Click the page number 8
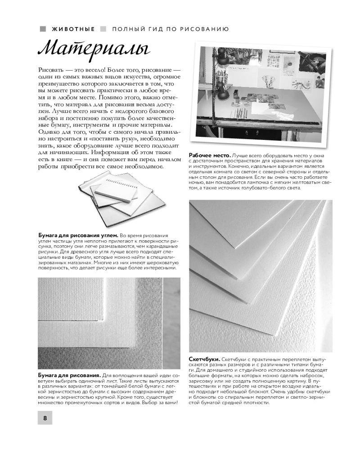click(45, 418)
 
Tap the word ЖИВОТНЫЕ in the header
click(73, 29)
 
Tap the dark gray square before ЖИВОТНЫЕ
click(43, 29)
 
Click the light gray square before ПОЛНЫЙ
click(103, 29)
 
